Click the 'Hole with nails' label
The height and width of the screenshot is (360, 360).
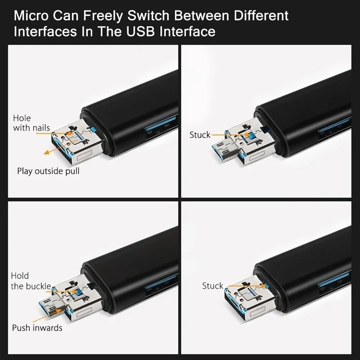[31, 123]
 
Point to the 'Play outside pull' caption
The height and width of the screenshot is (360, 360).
[48, 171]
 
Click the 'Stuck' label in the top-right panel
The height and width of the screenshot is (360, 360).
[200, 135]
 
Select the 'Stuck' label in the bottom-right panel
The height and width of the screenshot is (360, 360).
[212, 286]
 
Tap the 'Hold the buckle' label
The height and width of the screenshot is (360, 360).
[31, 281]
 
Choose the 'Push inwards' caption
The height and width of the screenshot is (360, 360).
[37, 328]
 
